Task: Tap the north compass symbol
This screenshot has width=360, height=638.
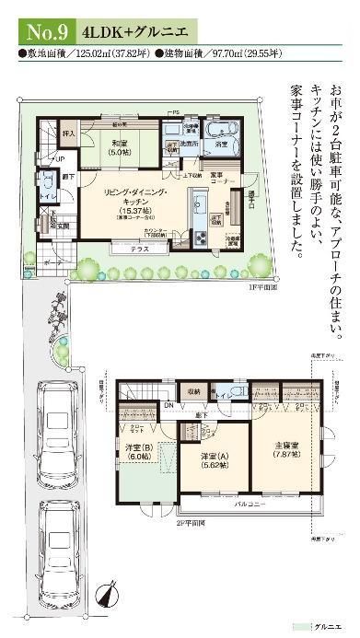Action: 109,596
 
